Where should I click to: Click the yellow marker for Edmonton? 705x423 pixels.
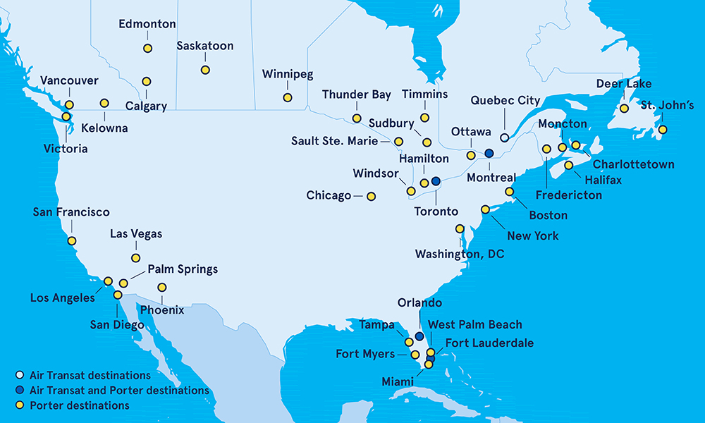pyautogui.click(x=147, y=49)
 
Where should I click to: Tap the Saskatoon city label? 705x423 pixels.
pyautogui.click(x=205, y=47)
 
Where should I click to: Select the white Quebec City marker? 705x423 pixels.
pyautogui.click(x=505, y=137)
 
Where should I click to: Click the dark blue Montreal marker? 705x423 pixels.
pyautogui.click(x=489, y=153)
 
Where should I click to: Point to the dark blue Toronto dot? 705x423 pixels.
pyautogui.click(x=436, y=180)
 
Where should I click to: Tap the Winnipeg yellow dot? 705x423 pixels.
pyautogui.click(x=288, y=97)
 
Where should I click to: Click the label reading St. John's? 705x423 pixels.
pyautogui.click(x=667, y=106)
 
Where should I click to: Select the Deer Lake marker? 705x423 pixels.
pyautogui.click(x=624, y=109)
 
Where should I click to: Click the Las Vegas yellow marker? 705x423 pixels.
pyautogui.click(x=135, y=258)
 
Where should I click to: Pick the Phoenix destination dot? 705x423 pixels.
pyautogui.click(x=162, y=287)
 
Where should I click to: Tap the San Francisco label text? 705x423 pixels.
pyautogui.click(x=71, y=211)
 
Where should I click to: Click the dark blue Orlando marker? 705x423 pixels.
pyautogui.click(x=419, y=336)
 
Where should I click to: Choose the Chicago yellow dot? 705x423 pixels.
pyautogui.click(x=371, y=196)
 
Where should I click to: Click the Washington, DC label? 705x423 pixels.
pyautogui.click(x=460, y=254)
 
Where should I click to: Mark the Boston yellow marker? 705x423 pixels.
pyautogui.click(x=510, y=191)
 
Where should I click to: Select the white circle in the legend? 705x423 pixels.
pyautogui.click(x=19, y=376)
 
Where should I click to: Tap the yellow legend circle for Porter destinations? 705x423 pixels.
pyautogui.click(x=19, y=405)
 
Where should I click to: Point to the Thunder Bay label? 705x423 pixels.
pyautogui.click(x=357, y=94)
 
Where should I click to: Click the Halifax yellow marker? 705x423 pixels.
pyautogui.click(x=569, y=165)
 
